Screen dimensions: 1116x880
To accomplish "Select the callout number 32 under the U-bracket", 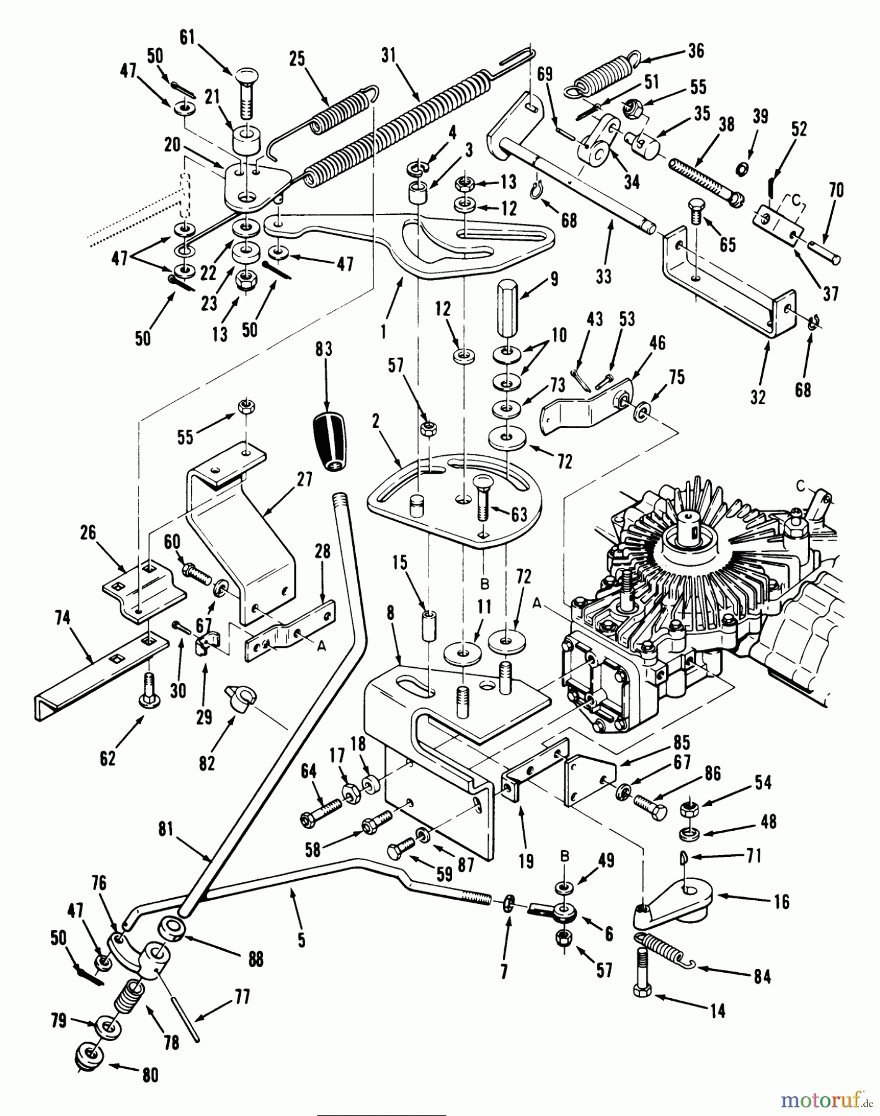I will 758,397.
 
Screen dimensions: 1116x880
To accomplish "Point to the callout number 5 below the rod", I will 301,941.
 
